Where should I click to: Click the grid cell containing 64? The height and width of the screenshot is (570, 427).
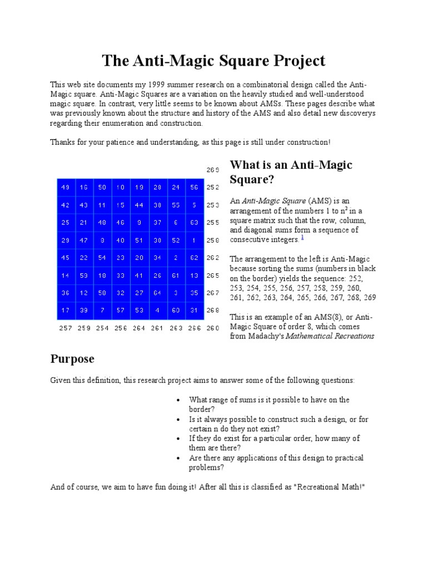pos(157,293)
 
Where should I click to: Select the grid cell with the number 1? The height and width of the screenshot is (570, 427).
pos(193,240)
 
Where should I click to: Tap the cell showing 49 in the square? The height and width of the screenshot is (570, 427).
pos(66,188)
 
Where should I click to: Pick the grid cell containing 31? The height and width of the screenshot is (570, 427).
pos(193,310)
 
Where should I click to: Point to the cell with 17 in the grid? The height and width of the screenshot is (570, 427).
pos(66,310)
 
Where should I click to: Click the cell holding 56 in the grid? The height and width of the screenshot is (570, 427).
pos(193,188)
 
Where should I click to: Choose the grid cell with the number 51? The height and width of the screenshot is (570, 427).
pos(139,240)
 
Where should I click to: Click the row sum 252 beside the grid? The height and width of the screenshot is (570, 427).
pos(213,188)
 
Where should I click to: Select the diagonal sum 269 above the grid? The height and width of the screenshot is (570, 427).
pos(213,170)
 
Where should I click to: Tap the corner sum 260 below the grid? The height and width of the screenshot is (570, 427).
pos(213,328)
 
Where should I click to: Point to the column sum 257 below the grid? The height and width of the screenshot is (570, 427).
pos(66,328)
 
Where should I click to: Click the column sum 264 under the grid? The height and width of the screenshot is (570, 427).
pos(139,328)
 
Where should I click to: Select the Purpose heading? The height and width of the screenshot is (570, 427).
pos(72,359)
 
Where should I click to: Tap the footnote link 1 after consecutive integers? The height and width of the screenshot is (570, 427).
pos(302,238)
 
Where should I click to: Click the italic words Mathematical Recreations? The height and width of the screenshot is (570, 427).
pos(330,336)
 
